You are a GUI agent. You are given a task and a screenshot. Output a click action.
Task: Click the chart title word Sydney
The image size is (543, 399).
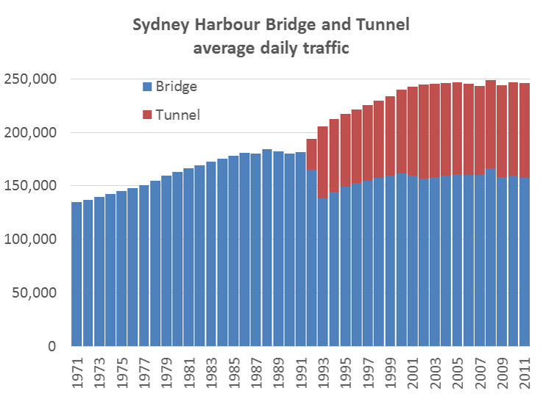tap(159, 26)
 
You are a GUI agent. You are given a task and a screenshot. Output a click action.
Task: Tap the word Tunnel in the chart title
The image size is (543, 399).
tap(378, 26)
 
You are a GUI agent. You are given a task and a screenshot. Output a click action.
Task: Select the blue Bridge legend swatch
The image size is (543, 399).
tap(147, 87)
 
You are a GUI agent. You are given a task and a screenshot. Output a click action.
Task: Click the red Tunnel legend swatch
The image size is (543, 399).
tap(147, 115)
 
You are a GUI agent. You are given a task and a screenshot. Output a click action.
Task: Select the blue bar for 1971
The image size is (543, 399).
tap(77, 279)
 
